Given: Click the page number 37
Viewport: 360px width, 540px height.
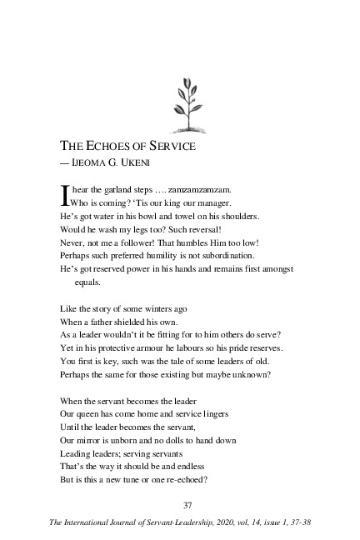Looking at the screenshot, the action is tap(187, 505).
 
